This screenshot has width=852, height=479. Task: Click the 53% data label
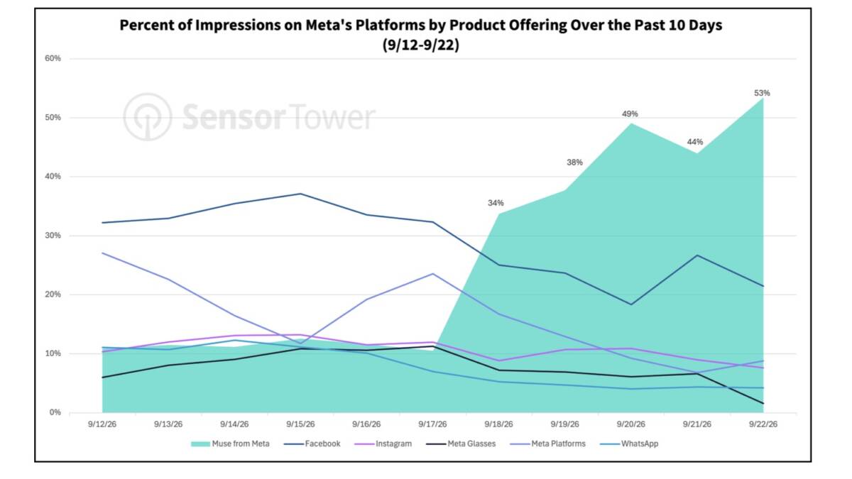762,93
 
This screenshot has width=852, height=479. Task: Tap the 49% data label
630,114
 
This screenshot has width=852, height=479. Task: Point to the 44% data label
695,142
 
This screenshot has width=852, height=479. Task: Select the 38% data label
574,163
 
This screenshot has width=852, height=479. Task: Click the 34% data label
496,204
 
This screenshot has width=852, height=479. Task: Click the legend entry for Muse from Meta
230,444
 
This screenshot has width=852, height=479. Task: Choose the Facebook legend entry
312,444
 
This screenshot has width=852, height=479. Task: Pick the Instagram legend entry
383,444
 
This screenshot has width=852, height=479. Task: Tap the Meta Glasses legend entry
461,444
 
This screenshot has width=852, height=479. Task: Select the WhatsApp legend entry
629,444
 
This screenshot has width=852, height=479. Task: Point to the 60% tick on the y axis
53,58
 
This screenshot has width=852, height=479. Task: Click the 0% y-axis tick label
55,412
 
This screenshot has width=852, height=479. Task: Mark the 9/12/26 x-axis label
102,424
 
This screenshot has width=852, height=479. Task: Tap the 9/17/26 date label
432,424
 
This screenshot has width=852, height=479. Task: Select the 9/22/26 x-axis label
763,424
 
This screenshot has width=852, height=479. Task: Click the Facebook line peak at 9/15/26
300,194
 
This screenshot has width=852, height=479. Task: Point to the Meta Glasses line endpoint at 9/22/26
763,403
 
